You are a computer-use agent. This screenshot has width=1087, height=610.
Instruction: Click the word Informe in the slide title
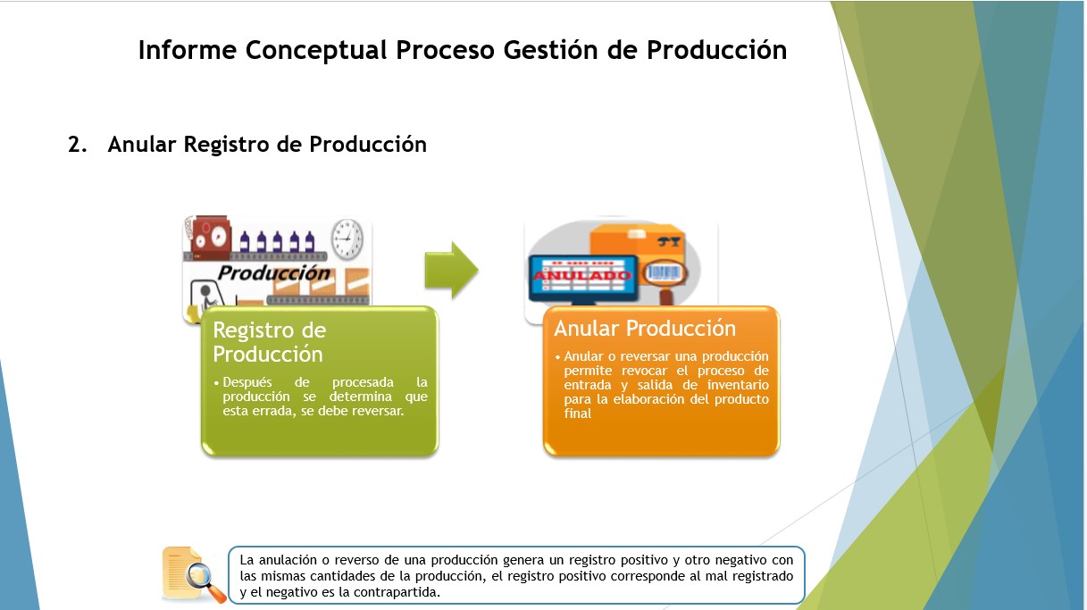click(188, 49)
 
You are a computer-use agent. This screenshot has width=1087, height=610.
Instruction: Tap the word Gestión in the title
click(550, 49)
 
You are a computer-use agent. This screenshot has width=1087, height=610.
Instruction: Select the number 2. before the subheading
click(78, 144)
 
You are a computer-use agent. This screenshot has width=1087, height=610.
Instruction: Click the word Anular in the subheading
click(142, 144)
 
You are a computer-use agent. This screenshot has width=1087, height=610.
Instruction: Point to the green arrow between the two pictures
click(451, 270)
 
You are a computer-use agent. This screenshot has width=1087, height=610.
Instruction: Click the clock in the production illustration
click(347, 238)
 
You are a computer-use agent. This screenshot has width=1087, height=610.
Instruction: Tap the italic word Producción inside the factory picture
click(273, 273)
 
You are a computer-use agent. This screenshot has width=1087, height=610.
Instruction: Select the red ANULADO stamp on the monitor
click(582, 276)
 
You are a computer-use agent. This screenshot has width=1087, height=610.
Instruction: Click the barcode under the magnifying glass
click(665, 272)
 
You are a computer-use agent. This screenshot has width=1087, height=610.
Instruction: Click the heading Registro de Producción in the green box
click(270, 342)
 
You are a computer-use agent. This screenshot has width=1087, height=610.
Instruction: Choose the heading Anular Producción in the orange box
click(645, 328)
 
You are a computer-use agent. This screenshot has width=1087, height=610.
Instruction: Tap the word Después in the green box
click(247, 382)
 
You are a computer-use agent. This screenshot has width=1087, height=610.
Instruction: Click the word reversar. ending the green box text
click(378, 411)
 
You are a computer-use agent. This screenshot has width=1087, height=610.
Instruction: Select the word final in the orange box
click(578, 414)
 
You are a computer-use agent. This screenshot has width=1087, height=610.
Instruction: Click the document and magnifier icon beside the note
click(193, 574)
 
